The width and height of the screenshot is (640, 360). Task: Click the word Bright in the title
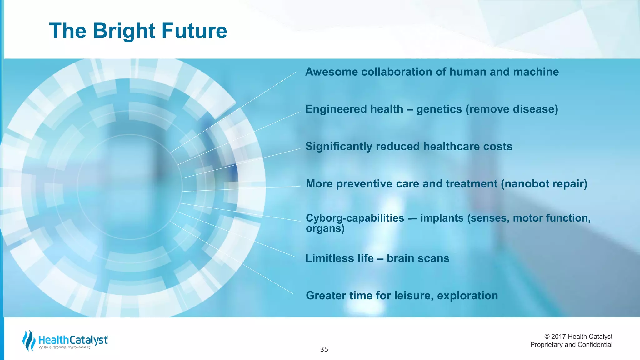pyautogui.click(x=124, y=31)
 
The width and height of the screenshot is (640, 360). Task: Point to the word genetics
pyautogui.click(x=439, y=109)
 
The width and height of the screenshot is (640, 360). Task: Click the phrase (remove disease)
pyautogui.click(x=512, y=109)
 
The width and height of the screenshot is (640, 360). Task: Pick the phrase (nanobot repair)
pyautogui.click(x=544, y=184)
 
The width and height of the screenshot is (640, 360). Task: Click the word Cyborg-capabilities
pyautogui.click(x=355, y=218)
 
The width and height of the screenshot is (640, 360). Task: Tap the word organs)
pyautogui.click(x=325, y=229)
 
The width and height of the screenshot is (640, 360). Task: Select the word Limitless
pyautogui.click(x=339, y=258)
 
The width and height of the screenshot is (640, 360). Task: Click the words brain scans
pyautogui.click(x=418, y=258)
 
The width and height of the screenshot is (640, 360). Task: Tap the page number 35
pyautogui.click(x=324, y=349)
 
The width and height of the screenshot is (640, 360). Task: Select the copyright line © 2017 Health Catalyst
pyautogui.click(x=578, y=337)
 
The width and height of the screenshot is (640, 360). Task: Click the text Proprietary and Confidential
pyautogui.click(x=571, y=345)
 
